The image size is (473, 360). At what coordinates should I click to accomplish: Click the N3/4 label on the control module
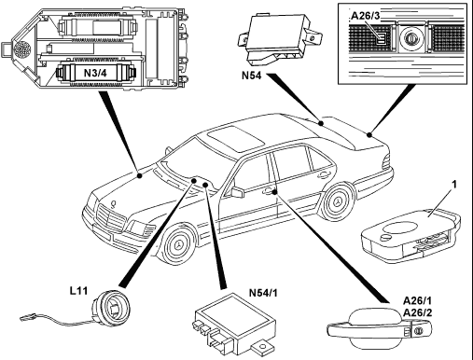(95, 73)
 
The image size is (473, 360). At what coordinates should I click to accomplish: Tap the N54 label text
(252, 76)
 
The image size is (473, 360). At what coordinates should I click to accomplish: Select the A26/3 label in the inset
(366, 16)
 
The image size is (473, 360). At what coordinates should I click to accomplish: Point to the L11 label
(78, 291)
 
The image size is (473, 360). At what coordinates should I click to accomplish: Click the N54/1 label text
(263, 293)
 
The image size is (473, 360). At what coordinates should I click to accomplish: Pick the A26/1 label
(417, 301)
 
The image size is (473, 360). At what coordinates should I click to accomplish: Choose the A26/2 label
(417, 312)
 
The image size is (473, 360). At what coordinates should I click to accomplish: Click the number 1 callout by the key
(454, 185)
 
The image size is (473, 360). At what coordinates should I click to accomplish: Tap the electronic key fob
(410, 235)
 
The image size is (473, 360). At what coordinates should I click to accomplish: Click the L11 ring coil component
(111, 307)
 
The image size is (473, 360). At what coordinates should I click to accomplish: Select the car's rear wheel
(337, 201)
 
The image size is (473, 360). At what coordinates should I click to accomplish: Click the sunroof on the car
(236, 139)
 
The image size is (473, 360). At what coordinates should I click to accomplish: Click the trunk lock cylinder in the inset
(412, 39)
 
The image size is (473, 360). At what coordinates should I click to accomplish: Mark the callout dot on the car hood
(140, 175)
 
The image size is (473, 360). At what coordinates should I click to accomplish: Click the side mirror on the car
(237, 191)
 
